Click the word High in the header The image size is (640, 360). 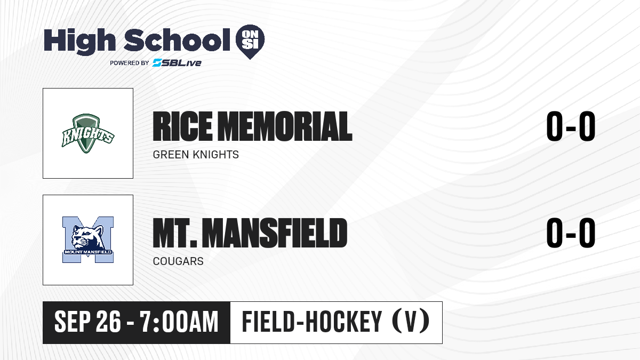point(79,41)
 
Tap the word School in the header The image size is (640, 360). point(177,39)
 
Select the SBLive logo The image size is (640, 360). point(177,63)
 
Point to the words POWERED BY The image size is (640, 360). point(130,63)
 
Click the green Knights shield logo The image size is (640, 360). point(87,133)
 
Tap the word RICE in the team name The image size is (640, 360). point(182,126)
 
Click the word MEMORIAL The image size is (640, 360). point(286,126)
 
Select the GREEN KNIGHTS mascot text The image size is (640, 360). point(196,155)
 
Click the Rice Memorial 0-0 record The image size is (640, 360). point(571,126)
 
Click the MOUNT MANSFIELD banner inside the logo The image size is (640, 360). point(87,252)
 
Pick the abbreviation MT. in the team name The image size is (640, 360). point(175,233)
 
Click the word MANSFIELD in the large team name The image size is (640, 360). point(276,233)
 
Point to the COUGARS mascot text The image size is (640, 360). point(178,261)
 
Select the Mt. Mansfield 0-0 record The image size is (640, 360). point(571,233)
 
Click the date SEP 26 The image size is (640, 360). point(87,322)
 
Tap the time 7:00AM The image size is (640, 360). point(179,322)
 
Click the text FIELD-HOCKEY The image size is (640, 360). point(311,322)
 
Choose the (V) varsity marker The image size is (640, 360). point(411,322)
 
